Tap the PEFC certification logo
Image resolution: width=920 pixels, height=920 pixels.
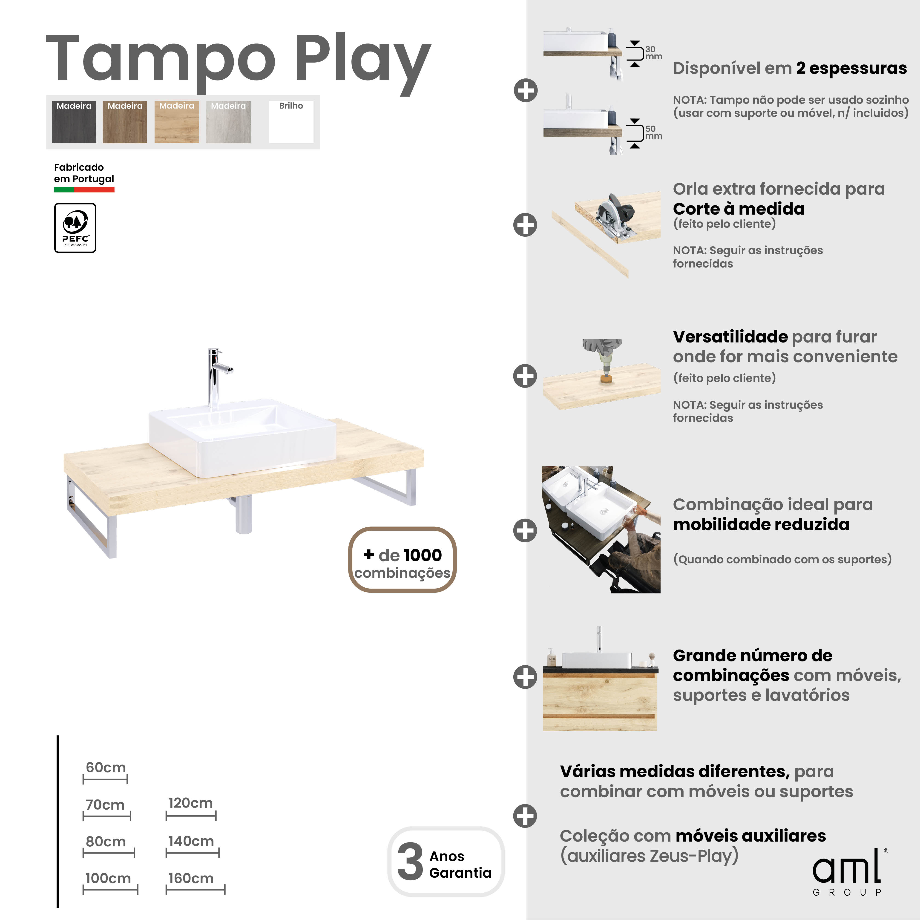pyautogui.click(x=75, y=228)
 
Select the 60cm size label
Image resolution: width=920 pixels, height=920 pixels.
pyautogui.click(x=106, y=768)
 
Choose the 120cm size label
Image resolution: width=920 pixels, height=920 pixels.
pyautogui.click(x=190, y=803)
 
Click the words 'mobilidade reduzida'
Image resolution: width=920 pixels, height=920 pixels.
pyautogui.click(x=761, y=524)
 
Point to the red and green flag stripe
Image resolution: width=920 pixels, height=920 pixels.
pyautogui.click(x=84, y=190)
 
